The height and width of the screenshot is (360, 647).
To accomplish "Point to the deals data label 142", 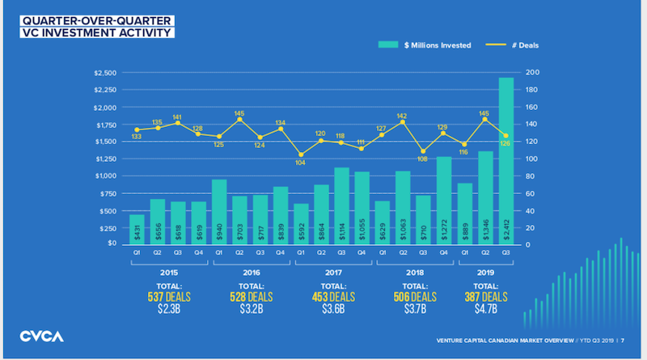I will tap(403, 116).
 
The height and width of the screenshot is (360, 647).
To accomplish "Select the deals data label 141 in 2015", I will tap(177, 116).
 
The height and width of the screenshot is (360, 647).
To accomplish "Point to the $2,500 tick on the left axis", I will tap(106, 74).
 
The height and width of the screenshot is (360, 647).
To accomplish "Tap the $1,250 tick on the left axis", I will tap(106, 159).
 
